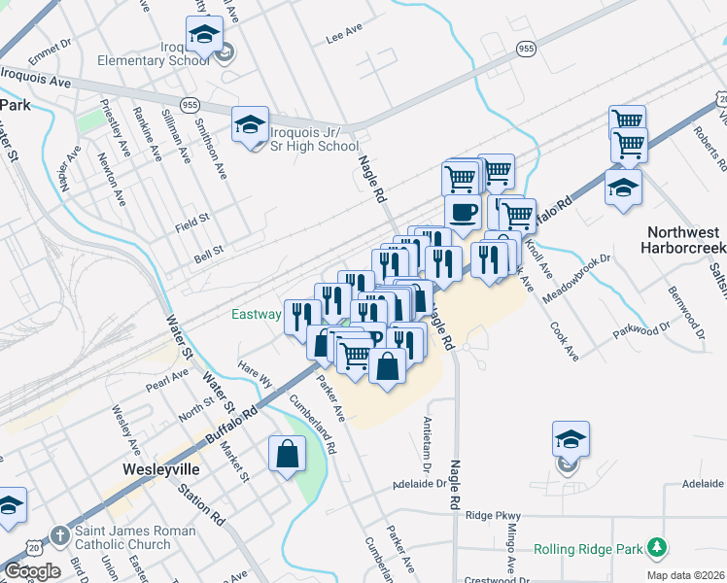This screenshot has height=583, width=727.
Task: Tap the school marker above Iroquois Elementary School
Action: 204,36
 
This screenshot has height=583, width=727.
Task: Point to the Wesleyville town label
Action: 162,468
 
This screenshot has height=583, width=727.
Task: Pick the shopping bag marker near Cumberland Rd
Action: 288,454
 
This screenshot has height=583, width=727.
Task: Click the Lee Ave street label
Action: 344,32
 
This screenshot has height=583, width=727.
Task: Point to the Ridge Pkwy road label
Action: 494,515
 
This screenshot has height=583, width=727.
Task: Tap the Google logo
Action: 32,570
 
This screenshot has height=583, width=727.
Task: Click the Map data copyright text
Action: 684,575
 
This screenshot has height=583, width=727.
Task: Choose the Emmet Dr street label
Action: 52,44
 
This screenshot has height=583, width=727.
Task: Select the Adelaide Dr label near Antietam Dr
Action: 419,483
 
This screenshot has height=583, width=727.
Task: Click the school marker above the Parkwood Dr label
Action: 623,188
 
